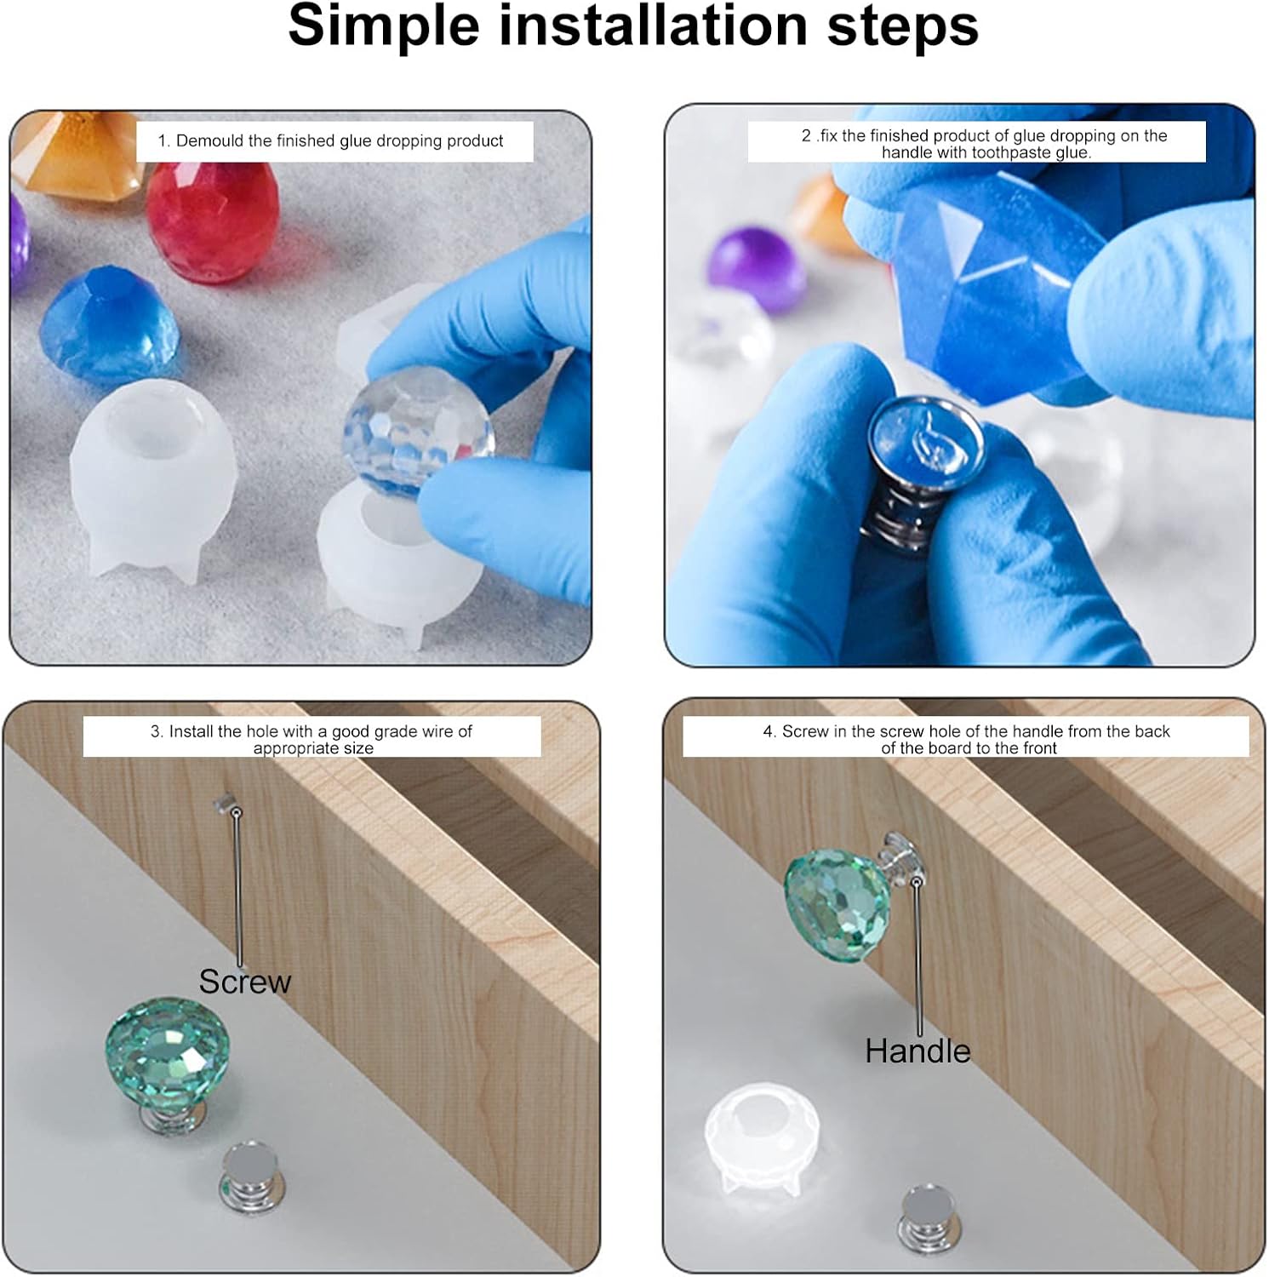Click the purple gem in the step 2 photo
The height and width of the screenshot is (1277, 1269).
click(757, 268)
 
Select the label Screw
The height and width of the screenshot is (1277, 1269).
click(245, 982)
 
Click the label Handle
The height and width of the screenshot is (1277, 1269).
click(917, 1051)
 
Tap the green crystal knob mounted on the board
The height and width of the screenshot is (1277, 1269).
click(837, 905)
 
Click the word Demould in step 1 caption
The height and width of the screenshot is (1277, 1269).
click(209, 140)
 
